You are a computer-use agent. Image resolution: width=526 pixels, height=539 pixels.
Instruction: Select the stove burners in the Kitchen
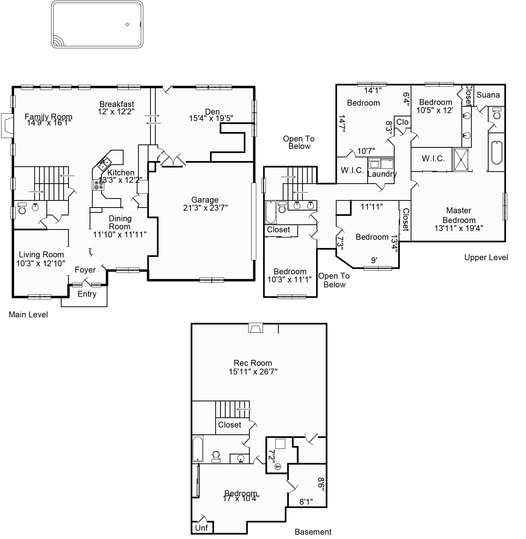point(98,185)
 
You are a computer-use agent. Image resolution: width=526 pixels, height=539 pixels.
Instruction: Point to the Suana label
point(488,95)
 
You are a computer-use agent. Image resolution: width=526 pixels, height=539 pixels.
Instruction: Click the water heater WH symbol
point(278,467)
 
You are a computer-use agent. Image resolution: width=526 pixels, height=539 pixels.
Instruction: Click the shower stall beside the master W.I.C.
point(461,160)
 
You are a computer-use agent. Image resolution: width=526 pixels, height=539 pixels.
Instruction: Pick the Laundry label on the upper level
point(382,174)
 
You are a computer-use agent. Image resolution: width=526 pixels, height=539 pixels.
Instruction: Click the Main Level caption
point(28,314)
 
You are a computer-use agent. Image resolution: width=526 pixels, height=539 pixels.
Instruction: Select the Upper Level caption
point(486,258)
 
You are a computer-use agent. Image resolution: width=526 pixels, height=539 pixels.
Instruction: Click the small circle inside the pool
point(127,24)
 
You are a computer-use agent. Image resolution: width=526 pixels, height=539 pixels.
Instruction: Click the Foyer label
point(85,270)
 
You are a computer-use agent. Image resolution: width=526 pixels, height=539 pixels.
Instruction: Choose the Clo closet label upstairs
point(402,122)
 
